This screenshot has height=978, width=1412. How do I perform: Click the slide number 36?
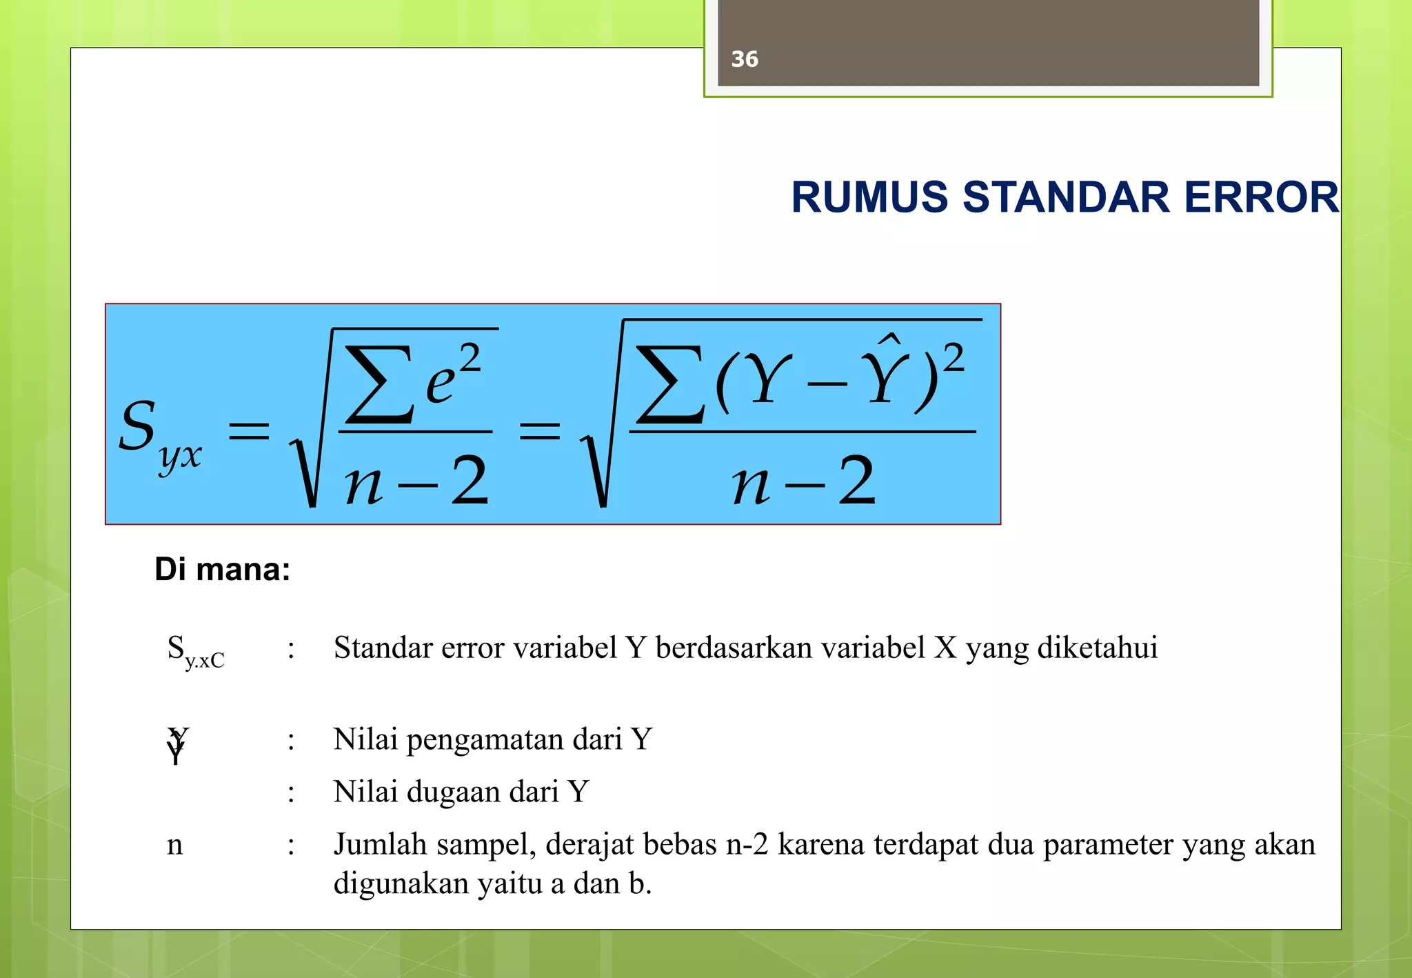[745, 59]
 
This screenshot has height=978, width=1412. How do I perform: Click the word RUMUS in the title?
[870, 197]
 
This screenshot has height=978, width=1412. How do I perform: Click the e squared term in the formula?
[452, 377]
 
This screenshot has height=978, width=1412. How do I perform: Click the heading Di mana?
[222, 570]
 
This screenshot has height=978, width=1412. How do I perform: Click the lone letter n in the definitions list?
[175, 845]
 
